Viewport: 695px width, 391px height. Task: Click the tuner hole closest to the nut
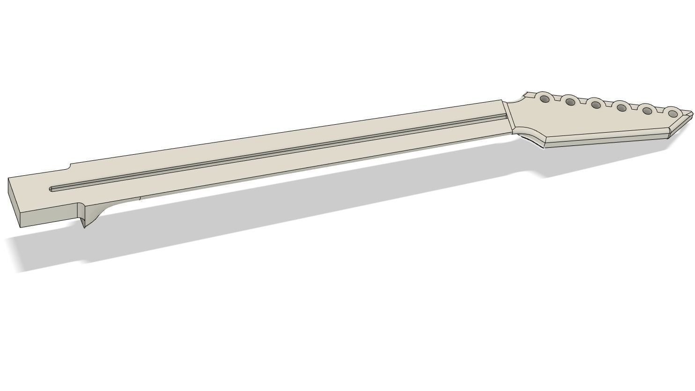(x=545, y=99)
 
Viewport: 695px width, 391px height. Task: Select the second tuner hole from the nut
(x=570, y=101)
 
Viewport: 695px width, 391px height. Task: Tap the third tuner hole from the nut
(x=596, y=105)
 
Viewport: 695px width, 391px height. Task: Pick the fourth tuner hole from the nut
(x=622, y=108)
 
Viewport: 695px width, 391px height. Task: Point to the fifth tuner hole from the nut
(x=648, y=111)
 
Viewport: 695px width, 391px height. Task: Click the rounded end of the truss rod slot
(x=52, y=189)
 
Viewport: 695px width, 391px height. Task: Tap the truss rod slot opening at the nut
(x=504, y=116)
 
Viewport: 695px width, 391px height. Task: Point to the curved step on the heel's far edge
(x=69, y=166)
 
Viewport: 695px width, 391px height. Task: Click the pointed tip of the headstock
(x=691, y=113)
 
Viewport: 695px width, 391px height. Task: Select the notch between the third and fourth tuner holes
(x=609, y=104)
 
